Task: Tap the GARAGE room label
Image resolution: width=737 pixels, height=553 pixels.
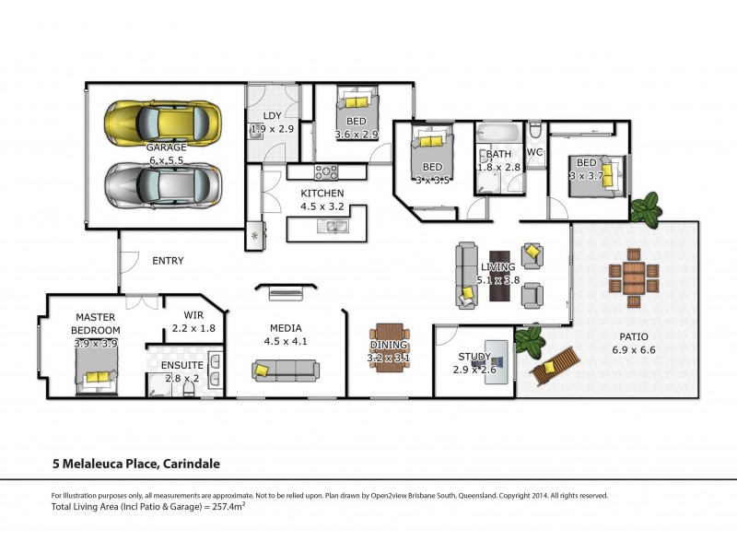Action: point(167,147)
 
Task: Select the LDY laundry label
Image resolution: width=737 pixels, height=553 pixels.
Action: point(272,115)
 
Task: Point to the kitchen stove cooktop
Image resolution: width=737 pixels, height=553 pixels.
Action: point(327,171)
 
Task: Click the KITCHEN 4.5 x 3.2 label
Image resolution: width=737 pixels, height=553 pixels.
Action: point(322,200)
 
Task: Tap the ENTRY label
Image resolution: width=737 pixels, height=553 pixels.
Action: point(168,261)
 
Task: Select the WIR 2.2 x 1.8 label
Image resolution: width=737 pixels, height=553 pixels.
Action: point(194,322)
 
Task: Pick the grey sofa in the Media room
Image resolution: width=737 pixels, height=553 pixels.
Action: point(286,371)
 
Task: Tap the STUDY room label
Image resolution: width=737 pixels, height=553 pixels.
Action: point(474,357)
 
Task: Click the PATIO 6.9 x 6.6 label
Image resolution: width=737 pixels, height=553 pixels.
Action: point(633,343)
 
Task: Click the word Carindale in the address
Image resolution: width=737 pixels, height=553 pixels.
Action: point(191,464)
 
